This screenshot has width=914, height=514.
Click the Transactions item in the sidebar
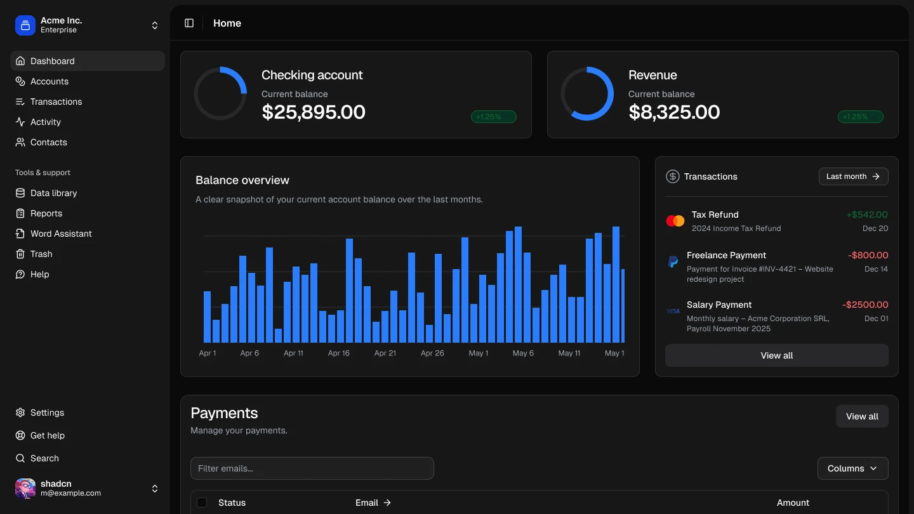(56, 102)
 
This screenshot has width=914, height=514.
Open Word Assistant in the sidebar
(61, 234)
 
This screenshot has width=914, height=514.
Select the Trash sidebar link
(41, 254)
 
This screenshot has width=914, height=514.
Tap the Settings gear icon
(20, 412)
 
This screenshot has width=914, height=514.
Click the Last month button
(853, 176)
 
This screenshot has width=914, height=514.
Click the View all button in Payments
(862, 416)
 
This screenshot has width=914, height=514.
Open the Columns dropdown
(852, 468)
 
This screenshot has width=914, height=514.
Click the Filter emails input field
(312, 468)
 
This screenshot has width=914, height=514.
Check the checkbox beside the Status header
(202, 503)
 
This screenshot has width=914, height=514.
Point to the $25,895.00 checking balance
(314, 112)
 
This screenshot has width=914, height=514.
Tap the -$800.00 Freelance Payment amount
(868, 255)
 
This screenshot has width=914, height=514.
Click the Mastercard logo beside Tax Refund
(675, 221)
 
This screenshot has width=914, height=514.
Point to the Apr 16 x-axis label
(338, 353)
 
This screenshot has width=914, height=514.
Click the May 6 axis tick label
(523, 353)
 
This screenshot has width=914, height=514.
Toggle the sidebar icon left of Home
(189, 23)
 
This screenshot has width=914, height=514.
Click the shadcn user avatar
(25, 489)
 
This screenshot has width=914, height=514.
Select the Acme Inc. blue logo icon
(25, 25)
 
